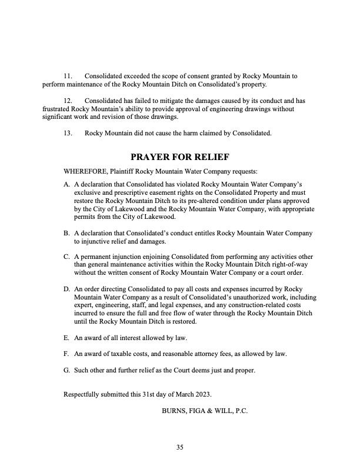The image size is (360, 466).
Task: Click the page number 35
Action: (x=180, y=448)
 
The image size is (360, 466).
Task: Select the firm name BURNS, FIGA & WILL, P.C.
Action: (x=205, y=411)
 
